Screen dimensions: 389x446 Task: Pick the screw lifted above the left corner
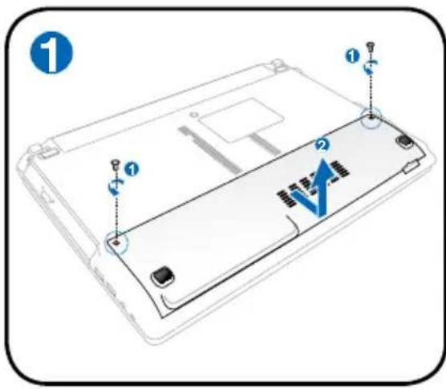pos(116,164)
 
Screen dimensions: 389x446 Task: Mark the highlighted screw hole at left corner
pos(117,238)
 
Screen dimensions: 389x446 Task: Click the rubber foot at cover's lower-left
pos(161,275)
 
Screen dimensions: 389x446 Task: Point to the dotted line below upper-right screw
pos(371,92)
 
